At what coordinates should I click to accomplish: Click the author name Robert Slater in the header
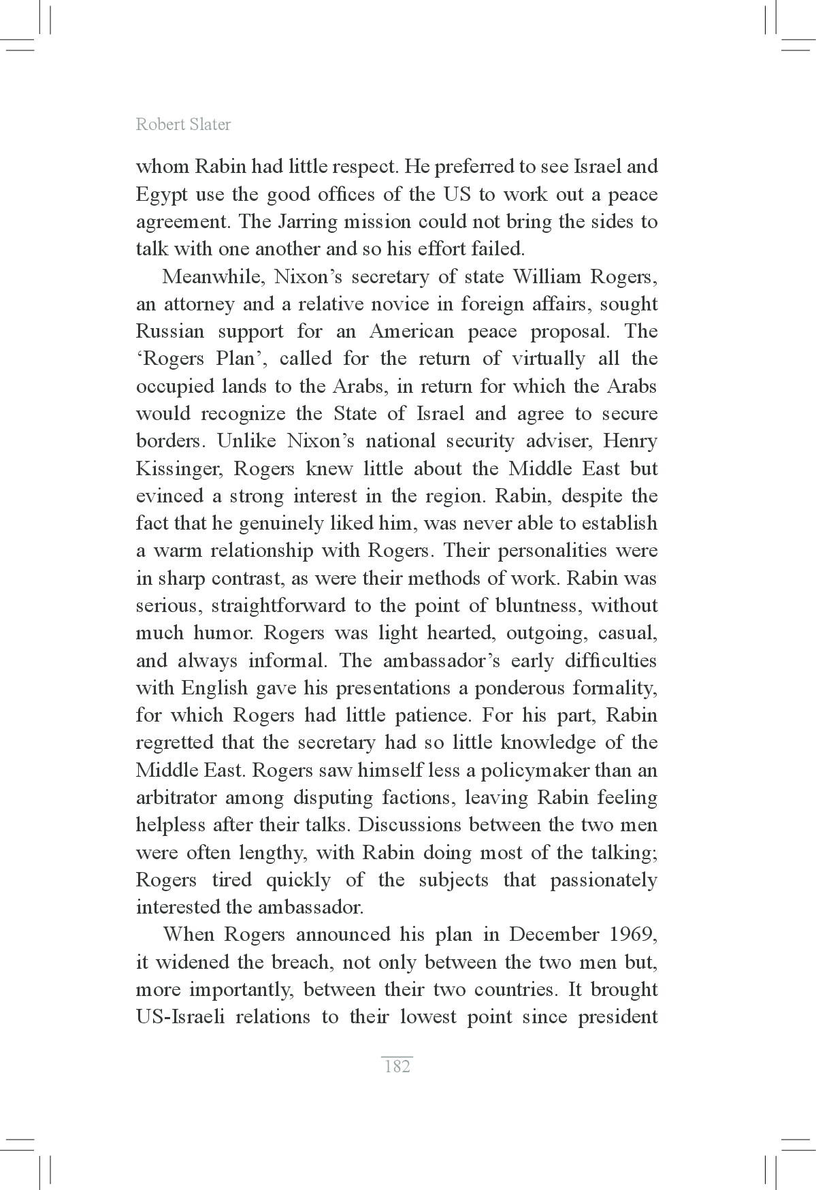[x=183, y=125]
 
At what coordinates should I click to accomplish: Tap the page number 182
[x=397, y=1066]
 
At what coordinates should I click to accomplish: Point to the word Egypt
[x=161, y=195]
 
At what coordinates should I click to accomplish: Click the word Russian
[x=169, y=332]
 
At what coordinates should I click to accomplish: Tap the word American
[x=411, y=332]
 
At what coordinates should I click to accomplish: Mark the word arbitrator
[x=176, y=798]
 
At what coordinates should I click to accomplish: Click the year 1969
[x=635, y=935]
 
